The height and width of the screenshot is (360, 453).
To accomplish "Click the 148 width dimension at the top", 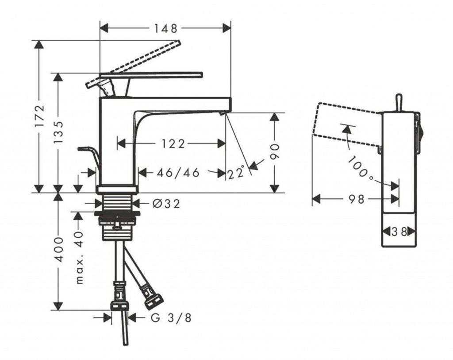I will [165, 28].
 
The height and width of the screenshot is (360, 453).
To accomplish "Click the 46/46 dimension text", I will [178, 172].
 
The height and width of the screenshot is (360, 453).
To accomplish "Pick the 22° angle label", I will [236, 172].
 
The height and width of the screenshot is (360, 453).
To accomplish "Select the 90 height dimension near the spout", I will [275, 152].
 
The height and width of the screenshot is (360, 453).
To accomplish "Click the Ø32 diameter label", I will [166, 203].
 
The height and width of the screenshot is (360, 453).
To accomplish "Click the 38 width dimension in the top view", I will [399, 231].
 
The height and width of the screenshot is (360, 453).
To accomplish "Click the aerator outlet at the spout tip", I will [223, 113].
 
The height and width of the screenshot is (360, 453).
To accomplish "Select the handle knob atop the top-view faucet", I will [398, 102].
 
